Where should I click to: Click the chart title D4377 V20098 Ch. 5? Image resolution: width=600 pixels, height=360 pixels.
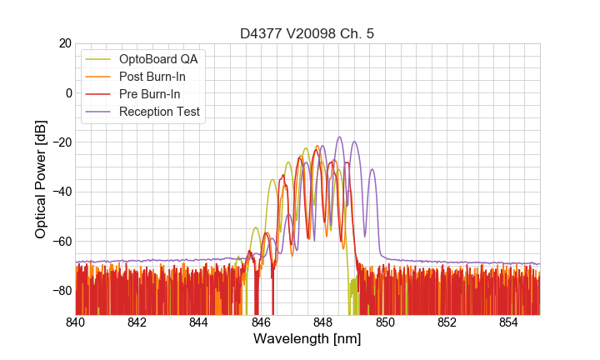pyautogui.click(x=307, y=33)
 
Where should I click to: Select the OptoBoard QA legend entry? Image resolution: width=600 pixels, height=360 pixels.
pyautogui.click(x=161, y=59)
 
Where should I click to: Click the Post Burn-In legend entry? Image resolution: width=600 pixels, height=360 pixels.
pyautogui.click(x=152, y=77)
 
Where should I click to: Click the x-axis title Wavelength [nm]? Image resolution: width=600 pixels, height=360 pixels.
pyautogui.click(x=307, y=340)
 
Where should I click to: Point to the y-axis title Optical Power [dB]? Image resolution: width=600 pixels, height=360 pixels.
pyautogui.click(x=41, y=179)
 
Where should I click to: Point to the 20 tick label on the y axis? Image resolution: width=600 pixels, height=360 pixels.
pyautogui.click(x=64, y=43)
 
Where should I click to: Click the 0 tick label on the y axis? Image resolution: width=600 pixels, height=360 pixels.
pyautogui.click(x=67, y=92)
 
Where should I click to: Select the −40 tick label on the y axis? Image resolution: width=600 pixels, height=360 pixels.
pyautogui.click(x=60, y=192)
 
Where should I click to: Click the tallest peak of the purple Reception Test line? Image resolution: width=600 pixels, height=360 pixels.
pyautogui.click(x=339, y=137)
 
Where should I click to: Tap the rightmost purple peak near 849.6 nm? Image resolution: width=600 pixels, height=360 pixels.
pyautogui.click(x=372, y=170)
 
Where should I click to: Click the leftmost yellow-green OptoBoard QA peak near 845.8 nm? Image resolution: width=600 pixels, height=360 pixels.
pyautogui.click(x=255, y=227)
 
